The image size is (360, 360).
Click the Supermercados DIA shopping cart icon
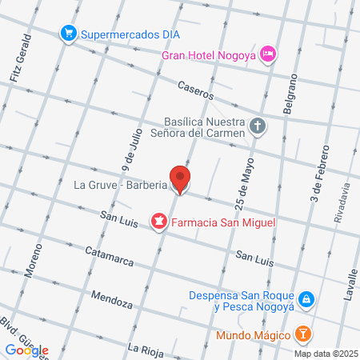[69, 33]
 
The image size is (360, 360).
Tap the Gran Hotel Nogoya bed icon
[270, 54]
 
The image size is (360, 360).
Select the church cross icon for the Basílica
[258, 126]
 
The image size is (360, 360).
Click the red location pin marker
[180, 179]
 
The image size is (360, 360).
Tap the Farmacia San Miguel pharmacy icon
[158, 220]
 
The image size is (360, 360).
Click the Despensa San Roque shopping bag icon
[307, 299]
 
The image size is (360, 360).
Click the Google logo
[26, 350]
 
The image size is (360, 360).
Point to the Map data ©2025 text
[325, 354]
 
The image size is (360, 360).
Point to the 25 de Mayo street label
[238, 193]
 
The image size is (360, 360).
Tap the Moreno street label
[33, 262]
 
